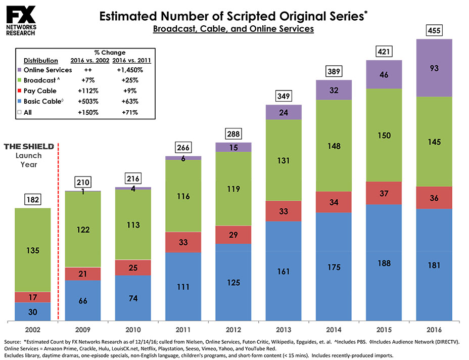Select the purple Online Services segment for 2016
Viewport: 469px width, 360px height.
[434, 67]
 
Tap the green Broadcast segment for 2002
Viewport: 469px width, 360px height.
[33, 250]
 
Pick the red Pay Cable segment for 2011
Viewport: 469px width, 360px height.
[183, 242]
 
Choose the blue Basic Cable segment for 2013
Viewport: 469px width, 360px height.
[284, 271]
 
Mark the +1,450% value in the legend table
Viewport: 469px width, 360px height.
[131, 70]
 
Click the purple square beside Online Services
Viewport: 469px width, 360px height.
[19, 70]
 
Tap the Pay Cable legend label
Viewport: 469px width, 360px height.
[40, 91]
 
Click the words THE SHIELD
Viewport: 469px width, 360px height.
[29, 147]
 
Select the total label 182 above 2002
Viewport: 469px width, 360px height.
[33, 200]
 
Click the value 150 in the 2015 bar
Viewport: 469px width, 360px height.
[384, 135]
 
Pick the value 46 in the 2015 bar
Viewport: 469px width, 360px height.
[384, 74]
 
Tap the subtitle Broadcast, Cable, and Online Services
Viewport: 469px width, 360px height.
[233, 29]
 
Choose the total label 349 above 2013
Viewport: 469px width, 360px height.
[284, 96]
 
